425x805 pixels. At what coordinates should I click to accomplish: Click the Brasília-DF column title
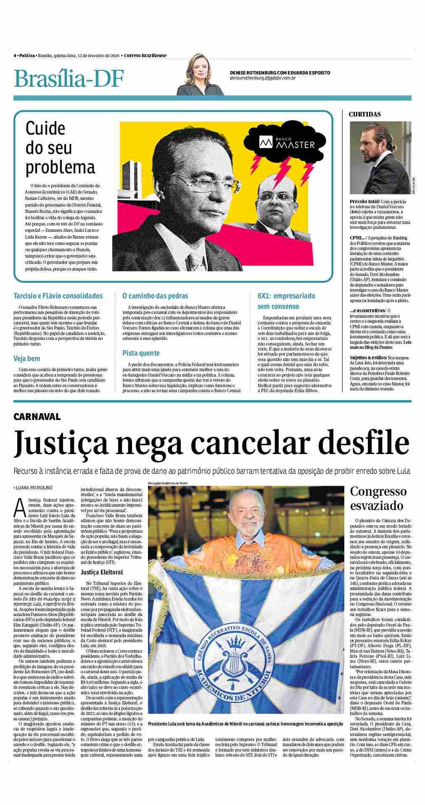coord(69,78)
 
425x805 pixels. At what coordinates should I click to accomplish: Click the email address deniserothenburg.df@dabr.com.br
coord(263,78)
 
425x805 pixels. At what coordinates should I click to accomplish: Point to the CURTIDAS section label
coord(364,114)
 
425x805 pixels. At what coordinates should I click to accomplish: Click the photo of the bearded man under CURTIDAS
coord(380,158)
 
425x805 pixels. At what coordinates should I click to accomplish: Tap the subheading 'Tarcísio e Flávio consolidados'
coord(58,296)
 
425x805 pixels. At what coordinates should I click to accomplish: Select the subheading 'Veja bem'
coord(27,359)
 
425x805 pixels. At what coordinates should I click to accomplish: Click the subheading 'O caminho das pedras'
coord(155,296)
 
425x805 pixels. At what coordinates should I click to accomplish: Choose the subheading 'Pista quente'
coord(141,353)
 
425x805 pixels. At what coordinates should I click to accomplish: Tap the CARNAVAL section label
coord(37,417)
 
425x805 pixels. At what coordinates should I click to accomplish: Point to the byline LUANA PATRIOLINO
coord(34,487)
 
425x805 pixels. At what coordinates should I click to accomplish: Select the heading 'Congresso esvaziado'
coord(378,498)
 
